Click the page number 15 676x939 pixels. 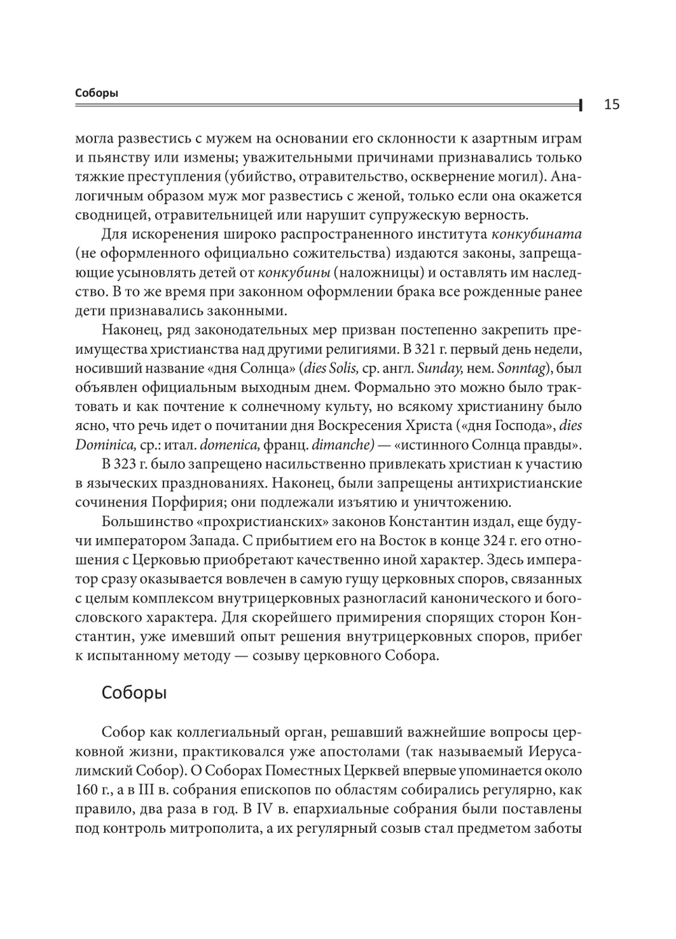coord(611,104)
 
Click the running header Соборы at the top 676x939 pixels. coord(96,93)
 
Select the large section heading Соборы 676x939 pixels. coord(134,693)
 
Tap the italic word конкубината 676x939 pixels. coord(537,235)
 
